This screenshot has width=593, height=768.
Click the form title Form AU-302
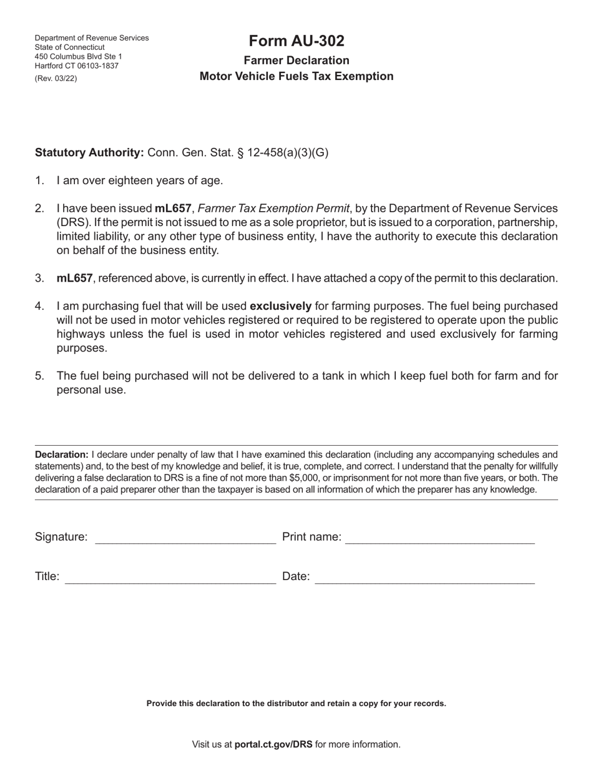[296, 41]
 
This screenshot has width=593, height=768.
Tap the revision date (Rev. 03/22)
[56, 78]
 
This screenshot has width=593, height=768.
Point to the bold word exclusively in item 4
[280, 306]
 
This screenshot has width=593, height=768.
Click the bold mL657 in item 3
[74, 278]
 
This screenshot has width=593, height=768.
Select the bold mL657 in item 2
[173, 209]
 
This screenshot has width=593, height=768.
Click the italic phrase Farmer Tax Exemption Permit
[273, 209]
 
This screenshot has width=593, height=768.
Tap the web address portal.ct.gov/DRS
[273, 744]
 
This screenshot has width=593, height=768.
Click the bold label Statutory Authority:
[89, 152]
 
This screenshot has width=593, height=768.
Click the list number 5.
[39, 376]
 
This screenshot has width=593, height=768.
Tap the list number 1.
[39, 180]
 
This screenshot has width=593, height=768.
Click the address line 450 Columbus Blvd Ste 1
[79, 57]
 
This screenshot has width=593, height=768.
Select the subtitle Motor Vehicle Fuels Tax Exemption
[296, 76]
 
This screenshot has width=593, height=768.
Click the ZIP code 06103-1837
[97, 66]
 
